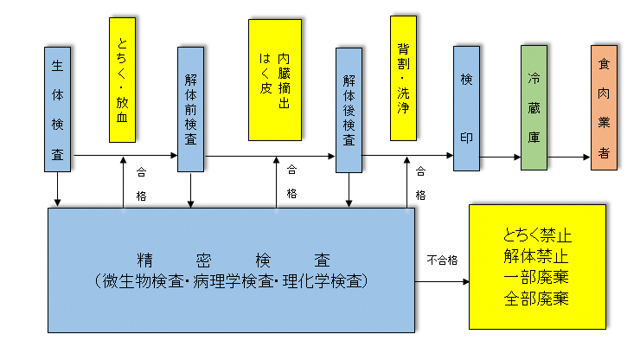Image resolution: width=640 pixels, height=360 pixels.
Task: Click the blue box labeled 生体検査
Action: tap(57, 108)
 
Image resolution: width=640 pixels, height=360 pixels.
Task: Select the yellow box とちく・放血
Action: tap(122, 80)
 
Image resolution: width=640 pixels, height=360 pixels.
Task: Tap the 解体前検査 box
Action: tap(190, 108)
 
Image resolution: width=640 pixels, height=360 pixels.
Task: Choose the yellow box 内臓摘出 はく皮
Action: tap(275, 80)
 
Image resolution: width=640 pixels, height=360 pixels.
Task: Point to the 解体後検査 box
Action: tap(349, 109)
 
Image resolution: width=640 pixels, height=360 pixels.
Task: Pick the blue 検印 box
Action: tap(466, 108)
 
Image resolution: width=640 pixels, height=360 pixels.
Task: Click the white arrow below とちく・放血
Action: tap(122, 181)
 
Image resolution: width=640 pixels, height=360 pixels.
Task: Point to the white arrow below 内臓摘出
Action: tap(276, 181)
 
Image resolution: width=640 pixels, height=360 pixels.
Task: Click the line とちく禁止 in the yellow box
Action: tap(536, 235)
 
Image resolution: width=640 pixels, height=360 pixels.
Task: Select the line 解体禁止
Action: tap(536, 256)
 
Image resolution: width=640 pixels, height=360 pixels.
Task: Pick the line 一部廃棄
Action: tap(536, 278)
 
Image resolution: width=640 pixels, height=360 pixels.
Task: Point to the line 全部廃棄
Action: tap(536, 299)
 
